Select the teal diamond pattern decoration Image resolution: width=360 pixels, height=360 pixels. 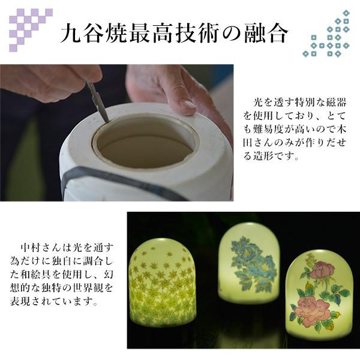coord(331,36)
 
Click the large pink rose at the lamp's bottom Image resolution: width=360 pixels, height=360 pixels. coord(313,311)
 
